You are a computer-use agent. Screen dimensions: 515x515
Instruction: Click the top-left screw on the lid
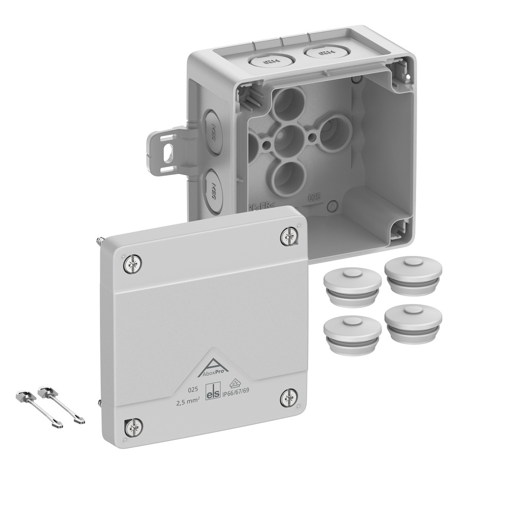click(133, 265)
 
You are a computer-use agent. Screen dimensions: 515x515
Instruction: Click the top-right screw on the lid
click(288, 236)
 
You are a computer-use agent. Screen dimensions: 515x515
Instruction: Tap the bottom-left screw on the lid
click(133, 427)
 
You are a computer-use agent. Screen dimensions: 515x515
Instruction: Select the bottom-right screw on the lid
click(288, 398)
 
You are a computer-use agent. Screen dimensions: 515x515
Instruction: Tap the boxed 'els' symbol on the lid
click(213, 393)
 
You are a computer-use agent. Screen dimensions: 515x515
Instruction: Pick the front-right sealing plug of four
click(413, 323)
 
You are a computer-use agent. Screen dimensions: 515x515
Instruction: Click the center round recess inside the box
click(289, 141)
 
